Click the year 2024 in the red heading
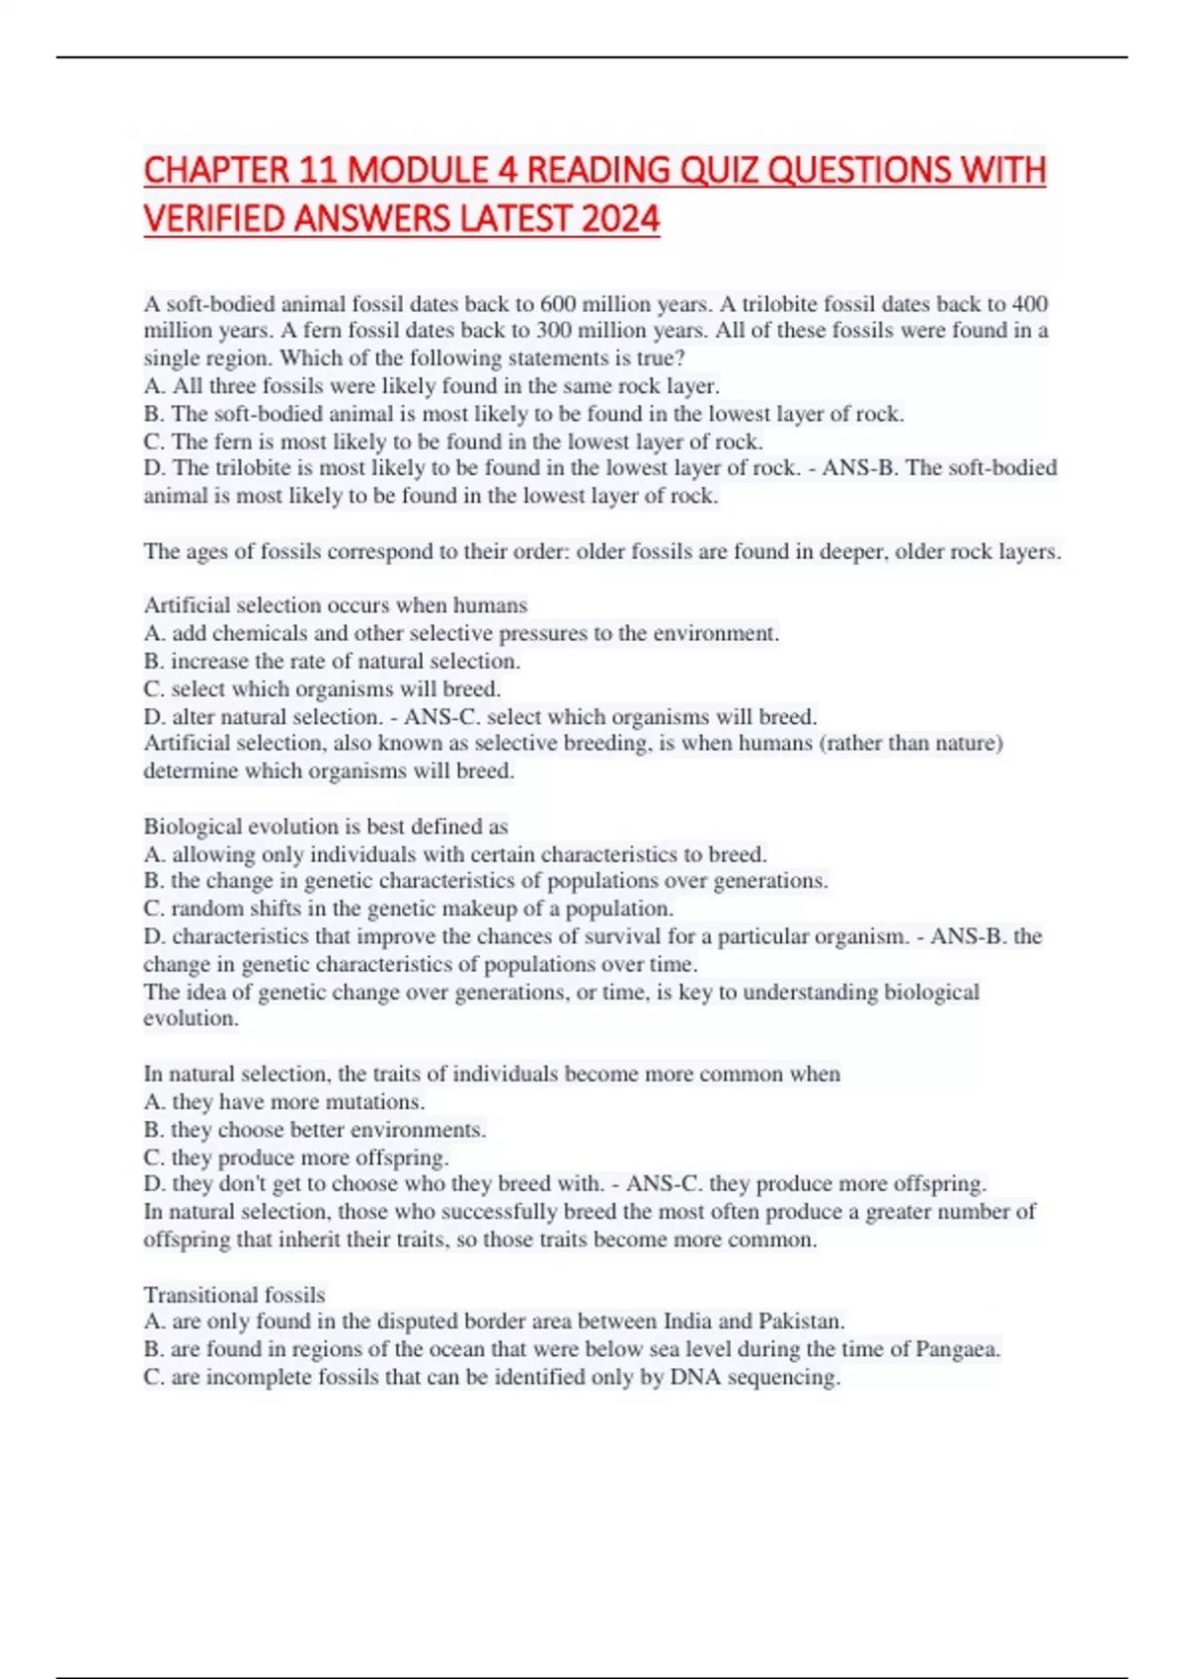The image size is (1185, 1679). coord(620,217)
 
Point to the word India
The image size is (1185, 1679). coord(687,1321)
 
